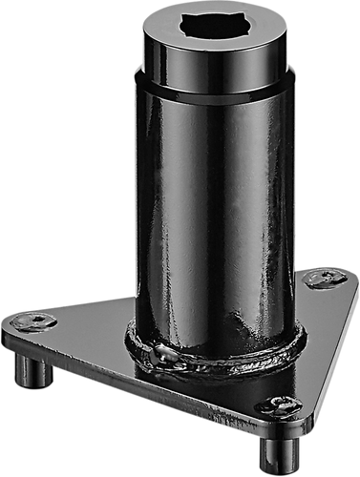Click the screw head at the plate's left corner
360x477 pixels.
[34, 321]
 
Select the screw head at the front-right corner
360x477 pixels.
[279, 404]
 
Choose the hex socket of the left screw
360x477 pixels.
[34, 320]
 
